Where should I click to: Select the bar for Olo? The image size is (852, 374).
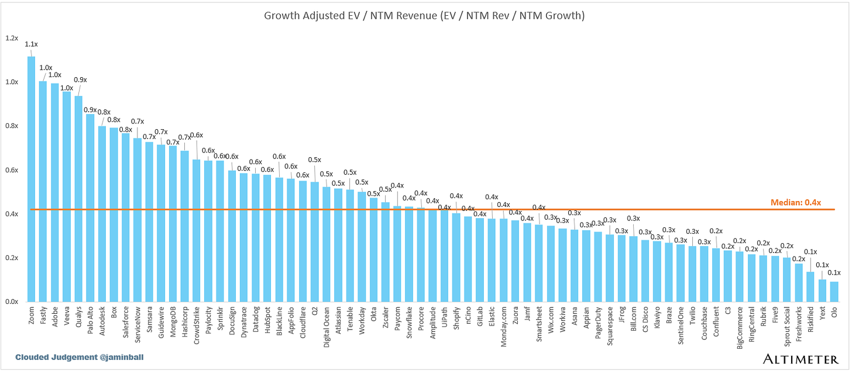click(x=834, y=292)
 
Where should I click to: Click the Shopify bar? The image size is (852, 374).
click(x=456, y=258)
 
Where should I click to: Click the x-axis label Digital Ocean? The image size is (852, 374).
click(x=327, y=327)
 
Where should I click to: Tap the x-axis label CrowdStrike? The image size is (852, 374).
click(x=196, y=322)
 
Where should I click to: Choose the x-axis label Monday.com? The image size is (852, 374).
click(x=503, y=325)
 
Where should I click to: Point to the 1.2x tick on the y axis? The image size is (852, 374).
click(x=12, y=38)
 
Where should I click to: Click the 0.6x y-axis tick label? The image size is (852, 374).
click(x=12, y=170)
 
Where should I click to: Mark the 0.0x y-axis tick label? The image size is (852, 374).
click(x=12, y=302)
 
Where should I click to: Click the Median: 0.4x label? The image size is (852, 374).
click(x=795, y=203)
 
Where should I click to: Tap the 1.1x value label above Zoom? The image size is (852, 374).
click(x=31, y=44)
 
